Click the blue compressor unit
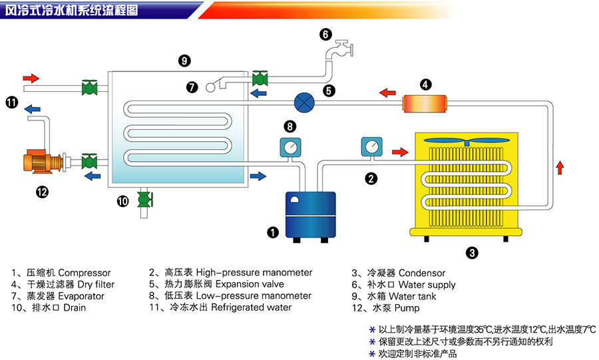coord(309,214)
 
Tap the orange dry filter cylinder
coord(425,104)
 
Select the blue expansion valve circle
coord(304,102)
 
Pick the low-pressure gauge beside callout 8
coord(290,148)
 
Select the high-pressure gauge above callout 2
coord(372,147)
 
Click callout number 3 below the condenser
coord(471,252)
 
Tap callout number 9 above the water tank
coord(184,61)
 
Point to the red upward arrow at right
coord(560,167)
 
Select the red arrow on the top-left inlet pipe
coord(31,77)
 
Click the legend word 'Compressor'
coord(85,273)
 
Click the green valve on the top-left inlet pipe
coord(89,87)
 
